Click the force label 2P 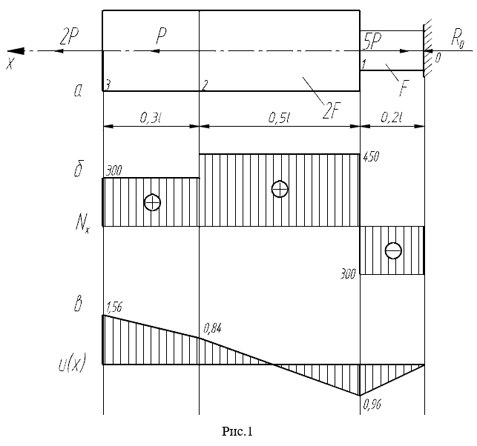(69, 37)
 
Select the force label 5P (372, 41)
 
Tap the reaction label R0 (458, 39)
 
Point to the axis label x (10, 63)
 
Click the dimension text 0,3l (150, 118)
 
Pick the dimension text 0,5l (278, 118)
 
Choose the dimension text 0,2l (392, 118)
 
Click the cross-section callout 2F (332, 111)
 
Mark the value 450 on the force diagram (371, 157)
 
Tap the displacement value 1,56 (114, 307)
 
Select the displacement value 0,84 (213, 328)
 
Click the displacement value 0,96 (372, 405)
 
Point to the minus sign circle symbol (393, 250)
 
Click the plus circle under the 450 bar (280, 189)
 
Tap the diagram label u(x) (72, 362)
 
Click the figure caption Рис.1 (237, 431)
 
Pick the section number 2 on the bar (205, 86)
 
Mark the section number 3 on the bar (107, 86)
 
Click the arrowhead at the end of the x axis (16, 51)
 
